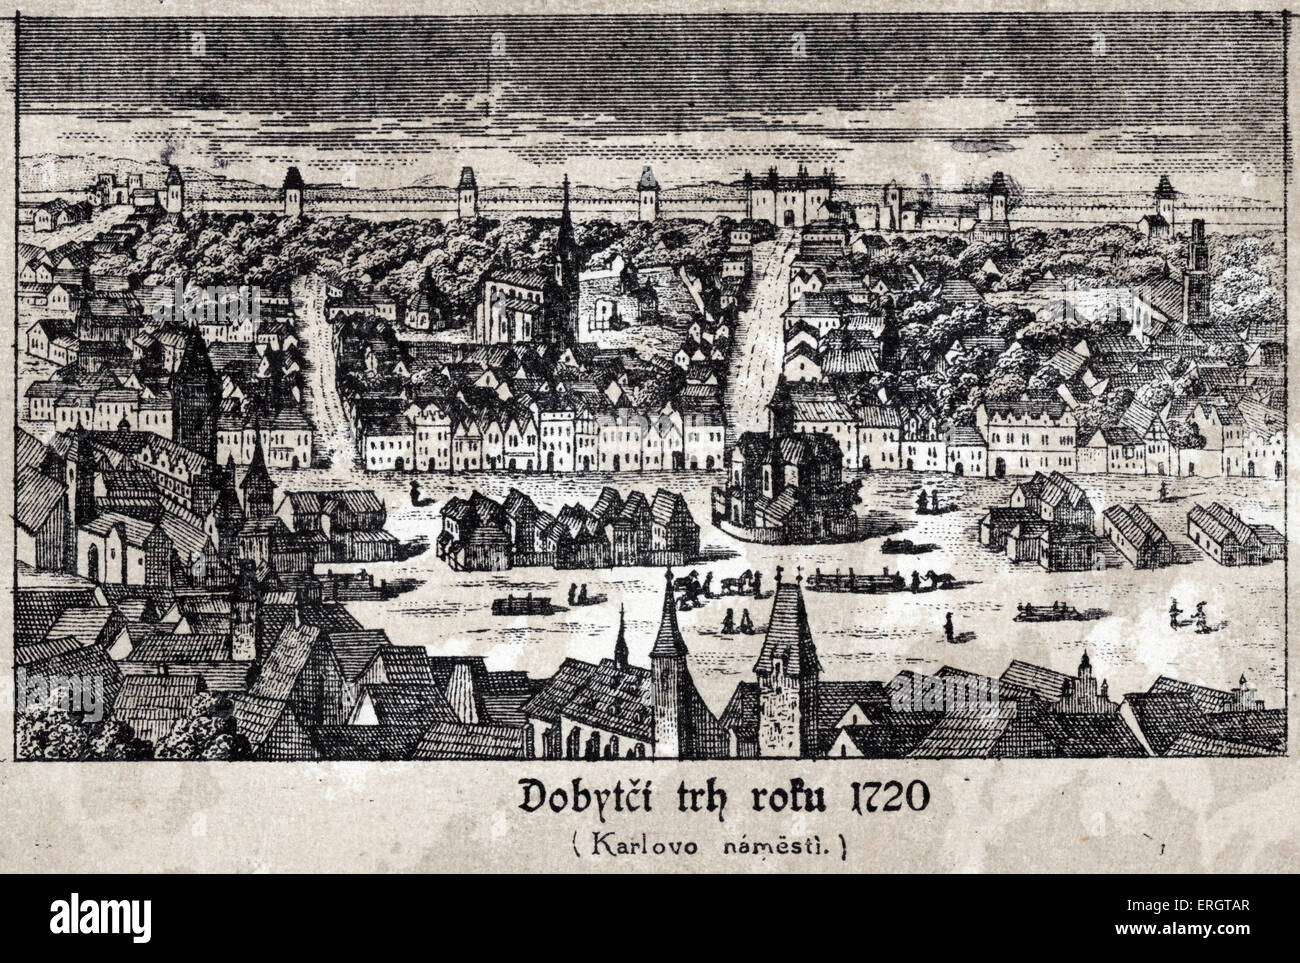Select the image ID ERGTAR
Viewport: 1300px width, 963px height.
pos(1240,931)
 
